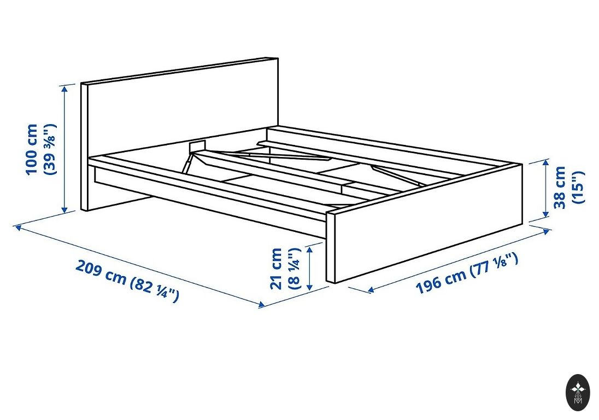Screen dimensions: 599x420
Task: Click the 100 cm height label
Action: point(32,149)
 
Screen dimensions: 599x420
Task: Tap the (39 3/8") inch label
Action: point(50,149)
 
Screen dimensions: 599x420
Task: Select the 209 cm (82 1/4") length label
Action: point(127,281)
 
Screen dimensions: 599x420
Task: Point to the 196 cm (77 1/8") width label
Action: point(466,273)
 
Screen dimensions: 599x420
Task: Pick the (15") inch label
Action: point(578,187)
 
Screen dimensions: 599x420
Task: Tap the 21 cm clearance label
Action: point(276,269)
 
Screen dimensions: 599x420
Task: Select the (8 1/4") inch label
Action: point(294,269)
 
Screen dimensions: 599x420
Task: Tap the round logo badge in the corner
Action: point(578,392)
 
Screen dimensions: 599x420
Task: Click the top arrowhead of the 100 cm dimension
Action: point(65,89)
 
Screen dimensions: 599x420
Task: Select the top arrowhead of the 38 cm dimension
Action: point(546,164)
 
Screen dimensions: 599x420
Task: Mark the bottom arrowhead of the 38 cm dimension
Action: point(546,214)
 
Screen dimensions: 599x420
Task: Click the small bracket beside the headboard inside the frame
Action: point(198,145)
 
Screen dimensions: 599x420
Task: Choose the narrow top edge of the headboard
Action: point(180,70)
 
